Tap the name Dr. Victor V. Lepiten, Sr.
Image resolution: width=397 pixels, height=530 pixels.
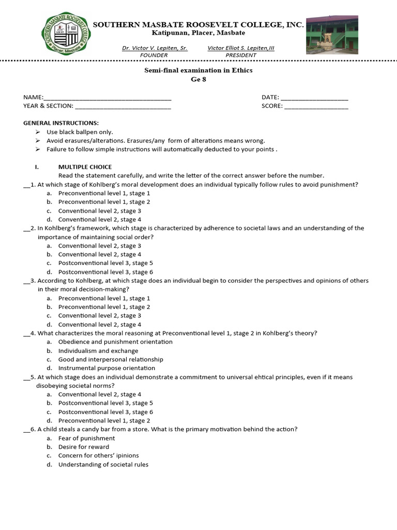155,48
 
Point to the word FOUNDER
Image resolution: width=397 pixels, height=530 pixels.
154,55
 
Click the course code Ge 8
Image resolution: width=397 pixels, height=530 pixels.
198,79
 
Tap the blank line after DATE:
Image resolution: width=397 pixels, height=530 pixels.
314,98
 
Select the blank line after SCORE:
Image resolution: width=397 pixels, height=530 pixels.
316,107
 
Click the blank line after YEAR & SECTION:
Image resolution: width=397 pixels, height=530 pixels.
123,107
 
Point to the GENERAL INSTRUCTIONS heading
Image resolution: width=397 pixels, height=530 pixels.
61,123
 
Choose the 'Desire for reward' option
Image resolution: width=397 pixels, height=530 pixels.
84,447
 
